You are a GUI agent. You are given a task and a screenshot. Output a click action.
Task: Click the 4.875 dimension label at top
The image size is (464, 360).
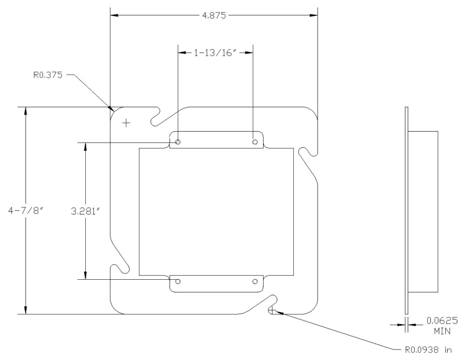[x=213, y=15]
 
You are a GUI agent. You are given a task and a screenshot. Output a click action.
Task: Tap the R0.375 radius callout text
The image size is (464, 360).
[x=48, y=75]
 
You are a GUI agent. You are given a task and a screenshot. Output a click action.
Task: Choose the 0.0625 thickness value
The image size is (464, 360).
[x=442, y=321]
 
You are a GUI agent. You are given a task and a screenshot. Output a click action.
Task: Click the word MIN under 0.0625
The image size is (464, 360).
[x=442, y=331]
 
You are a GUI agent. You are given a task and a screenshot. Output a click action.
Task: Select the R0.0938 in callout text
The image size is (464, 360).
[x=428, y=350]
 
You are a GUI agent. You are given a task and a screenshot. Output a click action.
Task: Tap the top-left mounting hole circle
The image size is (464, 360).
[x=178, y=142]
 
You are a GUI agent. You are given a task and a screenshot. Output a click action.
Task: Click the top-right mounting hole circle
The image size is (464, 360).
[x=255, y=142]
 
